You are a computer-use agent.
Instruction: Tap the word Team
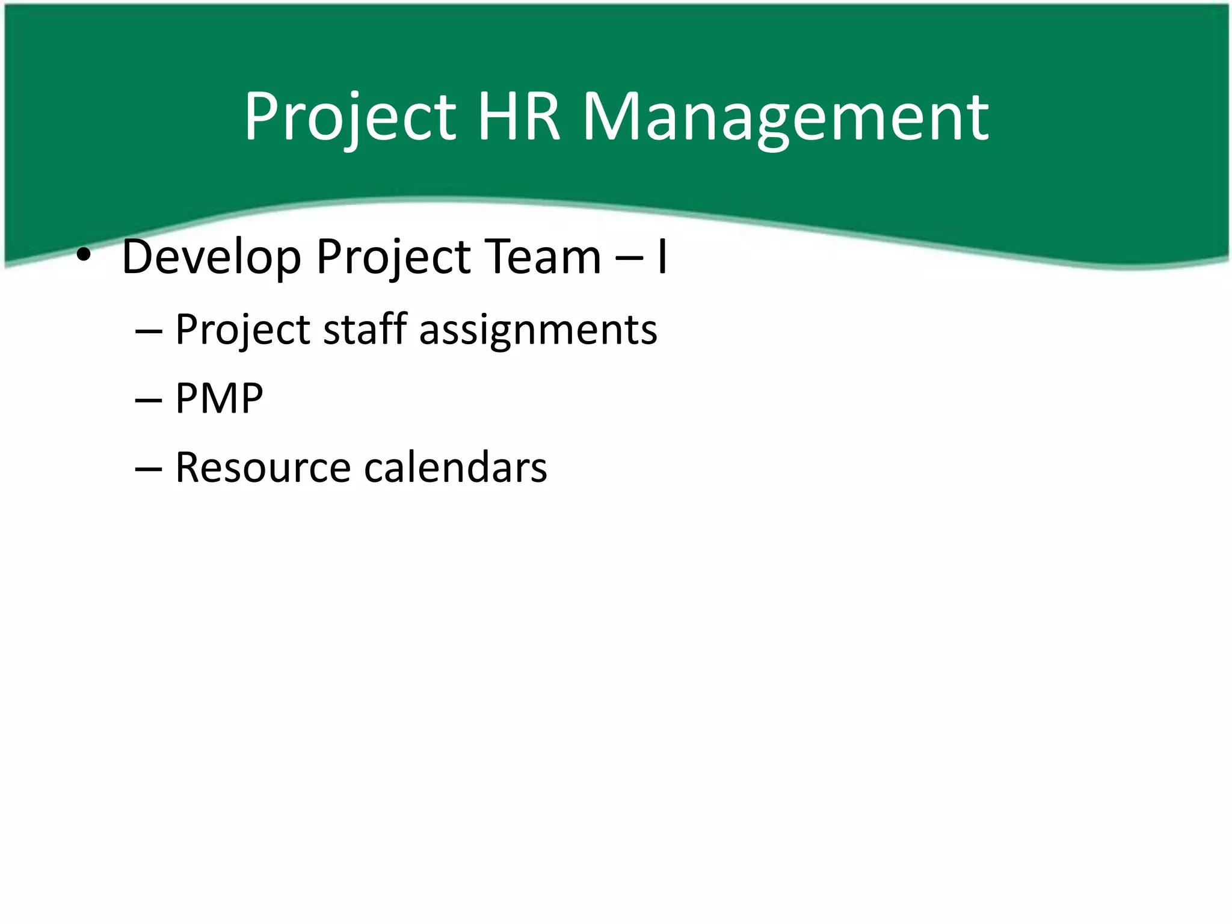point(544,257)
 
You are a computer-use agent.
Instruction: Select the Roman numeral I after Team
point(662,257)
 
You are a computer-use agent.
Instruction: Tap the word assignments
point(538,331)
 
